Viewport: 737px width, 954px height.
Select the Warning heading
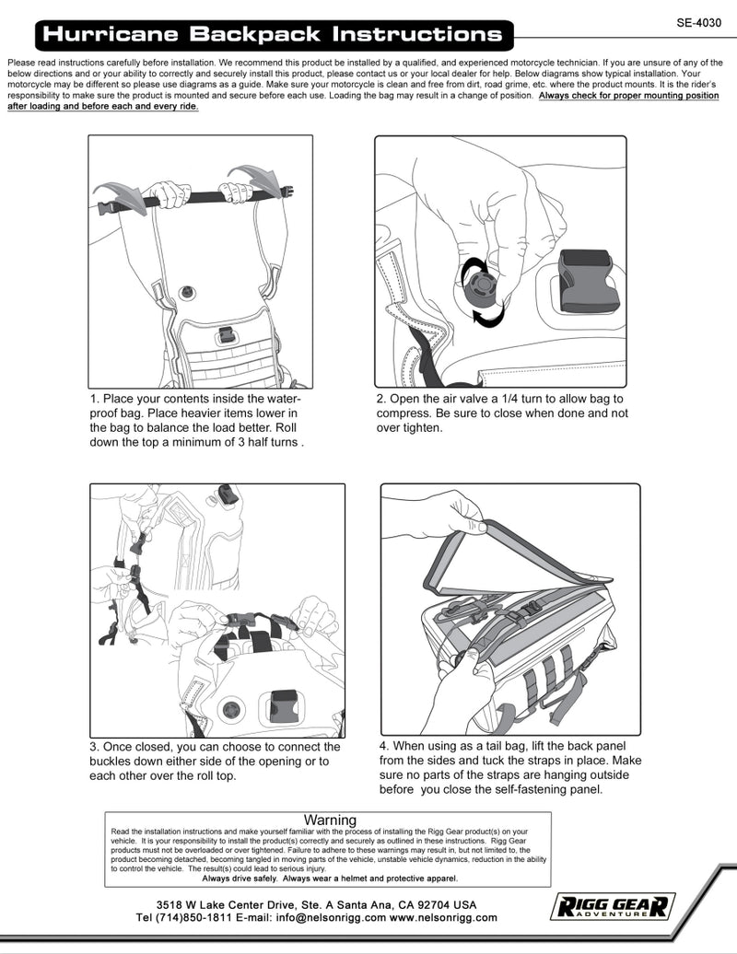(330, 820)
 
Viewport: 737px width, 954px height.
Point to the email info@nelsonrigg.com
(331, 917)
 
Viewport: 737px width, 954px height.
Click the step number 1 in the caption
(94, 400)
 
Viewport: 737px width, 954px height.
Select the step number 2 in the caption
(380, 399)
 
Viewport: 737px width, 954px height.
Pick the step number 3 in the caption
(94, 747)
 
